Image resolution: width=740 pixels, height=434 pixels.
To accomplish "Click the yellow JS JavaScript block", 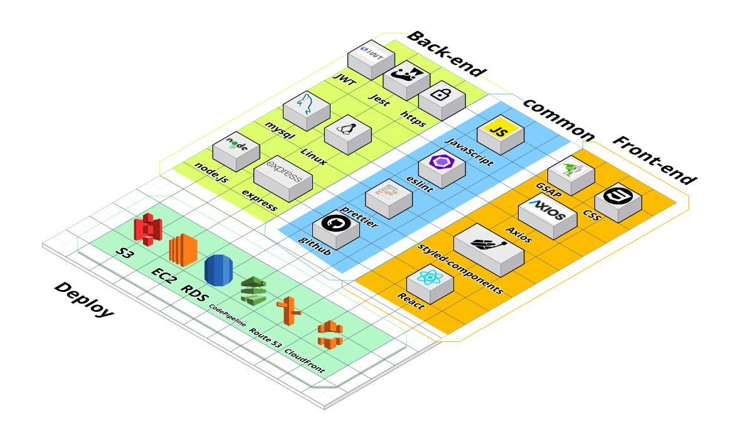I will pyautogui.click(x=500, y=133).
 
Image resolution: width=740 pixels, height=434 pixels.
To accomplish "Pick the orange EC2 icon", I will pyautogui.click(x=183, y=249).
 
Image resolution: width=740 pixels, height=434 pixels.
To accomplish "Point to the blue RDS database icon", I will pyautogui.click(x=218, y=271).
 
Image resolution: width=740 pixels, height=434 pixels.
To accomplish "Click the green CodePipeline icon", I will pyautogui.click(x=253, y=291).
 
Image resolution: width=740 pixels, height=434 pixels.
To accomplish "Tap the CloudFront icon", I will pyautogui.click(x=330, y=334).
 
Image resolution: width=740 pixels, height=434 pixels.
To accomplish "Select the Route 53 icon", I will pyautogui.click(x=288, y=311).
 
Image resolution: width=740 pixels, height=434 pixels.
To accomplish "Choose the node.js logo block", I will pyautogui.click(x=236, y=150).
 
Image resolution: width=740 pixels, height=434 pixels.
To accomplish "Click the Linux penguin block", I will pyautogui.click(x=347, y=133).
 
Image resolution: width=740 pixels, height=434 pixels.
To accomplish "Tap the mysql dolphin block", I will pyautogui.click(x=306, y=110).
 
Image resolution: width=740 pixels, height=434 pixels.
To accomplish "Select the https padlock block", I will pyautogui.click(x=441, y=99).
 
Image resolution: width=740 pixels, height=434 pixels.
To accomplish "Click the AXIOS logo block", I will pyautogui.click(x=546, y=215).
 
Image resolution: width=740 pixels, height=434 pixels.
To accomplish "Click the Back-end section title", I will pyautogui.click(x=446, y=53).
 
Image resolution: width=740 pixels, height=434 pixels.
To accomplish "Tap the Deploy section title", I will pyautogui.click(x=84, y=299).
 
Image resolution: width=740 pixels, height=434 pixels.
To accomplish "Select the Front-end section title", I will pyautogui.click(x=654, y=160).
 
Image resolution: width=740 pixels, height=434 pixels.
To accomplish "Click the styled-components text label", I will pyautogui.click(x=460, y=269).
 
